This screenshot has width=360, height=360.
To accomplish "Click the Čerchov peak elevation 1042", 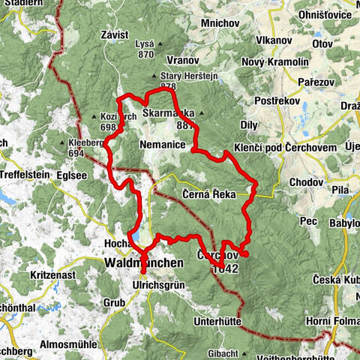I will pyautogui.click(x=227, y=268).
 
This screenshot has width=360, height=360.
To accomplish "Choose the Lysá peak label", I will pyautogui.click(x=144, y=45).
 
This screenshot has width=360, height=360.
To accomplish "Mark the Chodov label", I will pyautogui.click(x=304, y=182).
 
